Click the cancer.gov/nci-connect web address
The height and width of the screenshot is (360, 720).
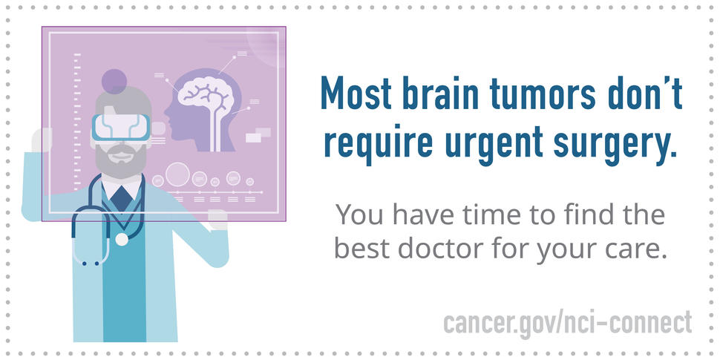567,323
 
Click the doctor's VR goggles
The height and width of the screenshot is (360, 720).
120,125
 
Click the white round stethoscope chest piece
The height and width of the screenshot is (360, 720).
122,239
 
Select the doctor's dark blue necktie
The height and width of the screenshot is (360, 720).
120,199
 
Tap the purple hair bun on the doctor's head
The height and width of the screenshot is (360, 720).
114,81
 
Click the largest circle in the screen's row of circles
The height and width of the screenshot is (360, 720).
177,174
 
